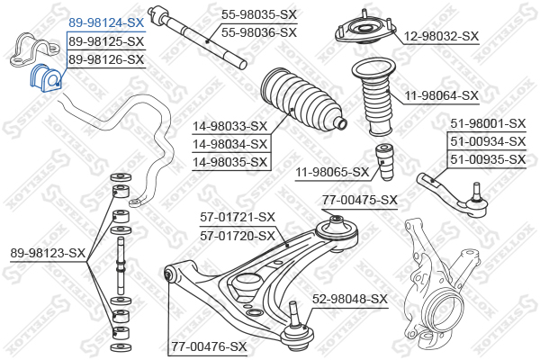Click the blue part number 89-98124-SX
pos(106,23)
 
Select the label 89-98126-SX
pos(106,59)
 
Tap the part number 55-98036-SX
pos(259,32)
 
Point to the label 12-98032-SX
pos(441,36)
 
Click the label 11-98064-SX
pos(442,95)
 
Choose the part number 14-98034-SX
pos(229,144)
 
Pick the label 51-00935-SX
pos(488,159)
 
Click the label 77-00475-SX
pos(360,200)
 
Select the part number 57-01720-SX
pos(238,236)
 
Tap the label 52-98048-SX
pos(350,299)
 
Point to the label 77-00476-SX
pos(210,346)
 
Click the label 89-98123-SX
pos(48,253)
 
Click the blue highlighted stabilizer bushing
pos(46,78)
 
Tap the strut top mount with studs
pos(364,31)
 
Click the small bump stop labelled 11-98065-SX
pos(384,162)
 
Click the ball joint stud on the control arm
pos(293,312)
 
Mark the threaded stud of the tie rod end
pos(476,191)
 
